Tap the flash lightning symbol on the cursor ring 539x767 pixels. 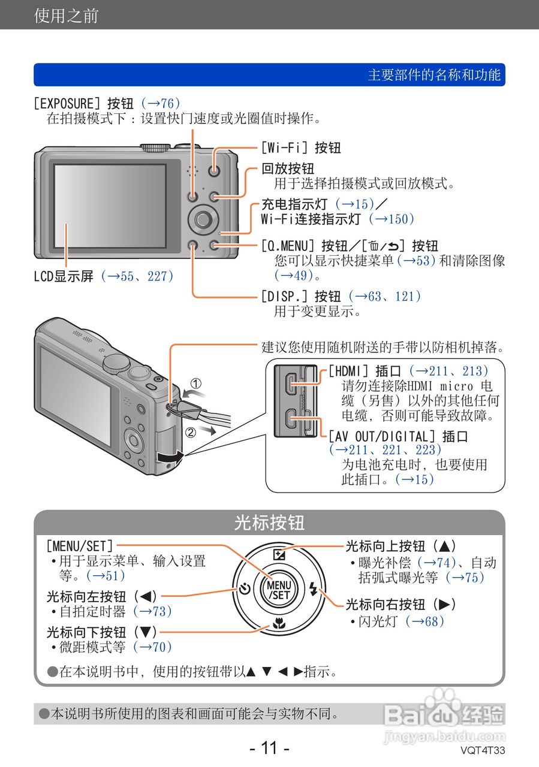pyautogui.click(x=313, y=590)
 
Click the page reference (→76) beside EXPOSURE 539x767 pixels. pyautogui.click(x=160, y=103)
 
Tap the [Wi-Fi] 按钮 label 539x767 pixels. pyautogui.click(x=300, y=147)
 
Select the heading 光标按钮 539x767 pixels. pyautogui.click(x=269, y=523)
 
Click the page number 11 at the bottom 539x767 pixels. pyautogui.click(x=269, y=748)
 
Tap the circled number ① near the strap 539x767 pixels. pyautogui.click(x=196, y=383)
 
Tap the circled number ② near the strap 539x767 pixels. pyautogui.click(x=190, y=431)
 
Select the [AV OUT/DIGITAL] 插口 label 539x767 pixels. pyautogui.click(x=398, y=436)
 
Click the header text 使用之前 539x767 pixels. pyautogui.click(x=66, y=16)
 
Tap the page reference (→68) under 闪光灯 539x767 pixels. pyautogui.click(x=424, y=621)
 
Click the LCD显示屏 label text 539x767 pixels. pyautogui.click(x=64, y=276)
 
